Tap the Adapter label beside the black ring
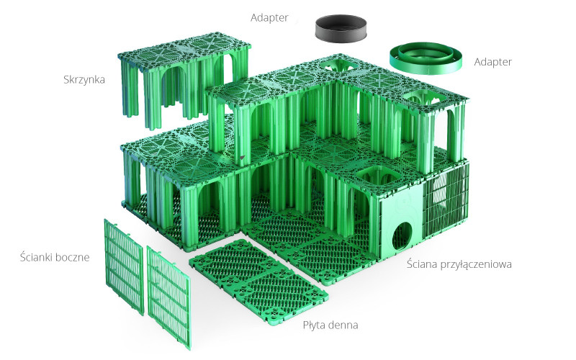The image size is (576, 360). tap(269, 17)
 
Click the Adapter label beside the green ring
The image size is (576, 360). tap(492, 62)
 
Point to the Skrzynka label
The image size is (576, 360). tap(84, 79)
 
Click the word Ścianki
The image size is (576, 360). tap(36, 256)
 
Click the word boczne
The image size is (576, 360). tap(73, 257)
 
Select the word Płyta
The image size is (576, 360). tap(315, 325)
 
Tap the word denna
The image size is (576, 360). tap(344, 325)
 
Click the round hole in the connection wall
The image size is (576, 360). tap(402, 236)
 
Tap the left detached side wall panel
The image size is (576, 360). tap(124, 266)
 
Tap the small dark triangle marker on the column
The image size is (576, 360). tap(242, 158)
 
